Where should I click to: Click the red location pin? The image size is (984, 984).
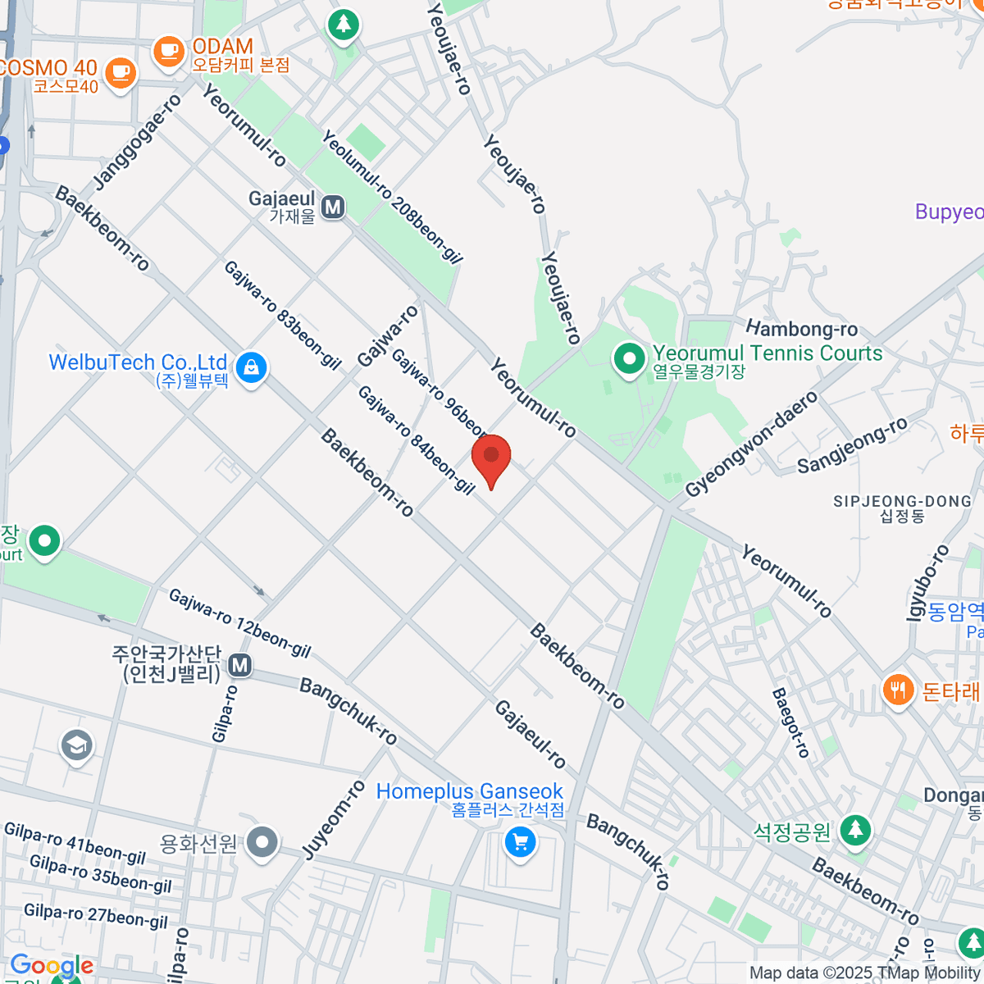491,458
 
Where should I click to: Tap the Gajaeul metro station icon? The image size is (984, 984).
333,207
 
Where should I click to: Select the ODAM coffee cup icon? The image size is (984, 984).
170,51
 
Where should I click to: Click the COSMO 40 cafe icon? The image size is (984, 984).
121,72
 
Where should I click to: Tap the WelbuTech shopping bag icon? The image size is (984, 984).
251,368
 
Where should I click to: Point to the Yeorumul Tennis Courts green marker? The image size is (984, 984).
629,359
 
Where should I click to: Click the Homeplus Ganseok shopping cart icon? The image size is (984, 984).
520,841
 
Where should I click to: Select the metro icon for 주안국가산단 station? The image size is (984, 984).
240,665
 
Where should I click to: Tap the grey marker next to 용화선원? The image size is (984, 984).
262,842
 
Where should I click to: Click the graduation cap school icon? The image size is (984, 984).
76,745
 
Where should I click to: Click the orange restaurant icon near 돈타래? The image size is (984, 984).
899,690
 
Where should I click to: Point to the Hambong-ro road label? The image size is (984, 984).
801,329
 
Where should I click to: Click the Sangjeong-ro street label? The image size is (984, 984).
852,445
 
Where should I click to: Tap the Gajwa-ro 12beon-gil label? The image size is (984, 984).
239,623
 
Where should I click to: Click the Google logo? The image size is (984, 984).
52,966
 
